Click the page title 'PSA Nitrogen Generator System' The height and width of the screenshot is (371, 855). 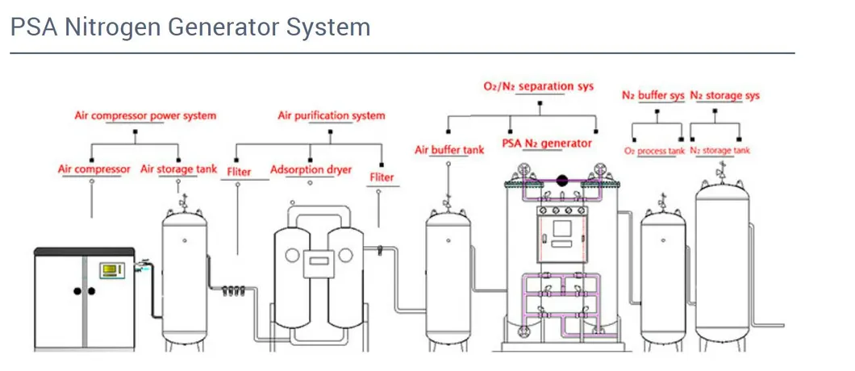[x=190, y=27]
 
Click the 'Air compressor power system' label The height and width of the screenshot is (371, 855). [x=145, y=115]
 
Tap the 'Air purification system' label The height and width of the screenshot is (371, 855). [x=332, y=115]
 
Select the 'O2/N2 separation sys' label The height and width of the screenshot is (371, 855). [x=539, y=85]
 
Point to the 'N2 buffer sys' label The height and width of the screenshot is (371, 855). [x=653, y=95]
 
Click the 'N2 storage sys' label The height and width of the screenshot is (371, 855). [x=725, y=95]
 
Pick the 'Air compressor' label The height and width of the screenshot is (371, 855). [x=94, y=169]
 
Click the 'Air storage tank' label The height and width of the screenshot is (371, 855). [x=178, y=169]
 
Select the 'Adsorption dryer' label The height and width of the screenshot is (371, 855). [x=311, y=169]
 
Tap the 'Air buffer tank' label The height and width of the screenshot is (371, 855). [x=449, y=150]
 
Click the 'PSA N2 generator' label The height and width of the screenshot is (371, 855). [x=547, y=144]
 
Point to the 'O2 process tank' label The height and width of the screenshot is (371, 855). [x=654, y=151]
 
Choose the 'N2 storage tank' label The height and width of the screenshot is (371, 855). [x=720, y=151]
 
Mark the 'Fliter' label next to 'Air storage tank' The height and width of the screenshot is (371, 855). [x=239, y=172]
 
